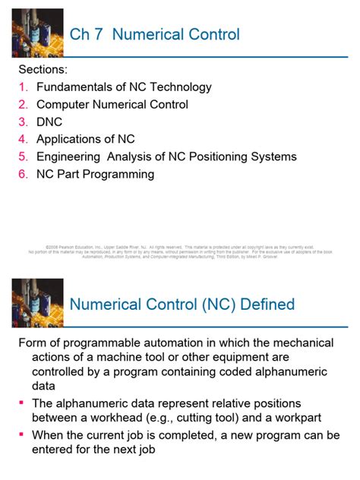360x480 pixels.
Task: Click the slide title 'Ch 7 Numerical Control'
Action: [154, 34]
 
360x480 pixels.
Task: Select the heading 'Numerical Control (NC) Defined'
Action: [182, 305]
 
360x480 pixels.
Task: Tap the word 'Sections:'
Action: [43, 70]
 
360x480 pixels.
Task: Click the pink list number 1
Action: [24, 87]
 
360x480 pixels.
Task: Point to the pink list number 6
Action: [24, 174]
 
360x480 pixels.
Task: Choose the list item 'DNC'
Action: [49, 122]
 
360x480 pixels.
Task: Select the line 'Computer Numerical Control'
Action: [112, 105]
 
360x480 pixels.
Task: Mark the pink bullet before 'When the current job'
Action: [22, 435]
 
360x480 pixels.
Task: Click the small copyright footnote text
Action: [180, 252]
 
